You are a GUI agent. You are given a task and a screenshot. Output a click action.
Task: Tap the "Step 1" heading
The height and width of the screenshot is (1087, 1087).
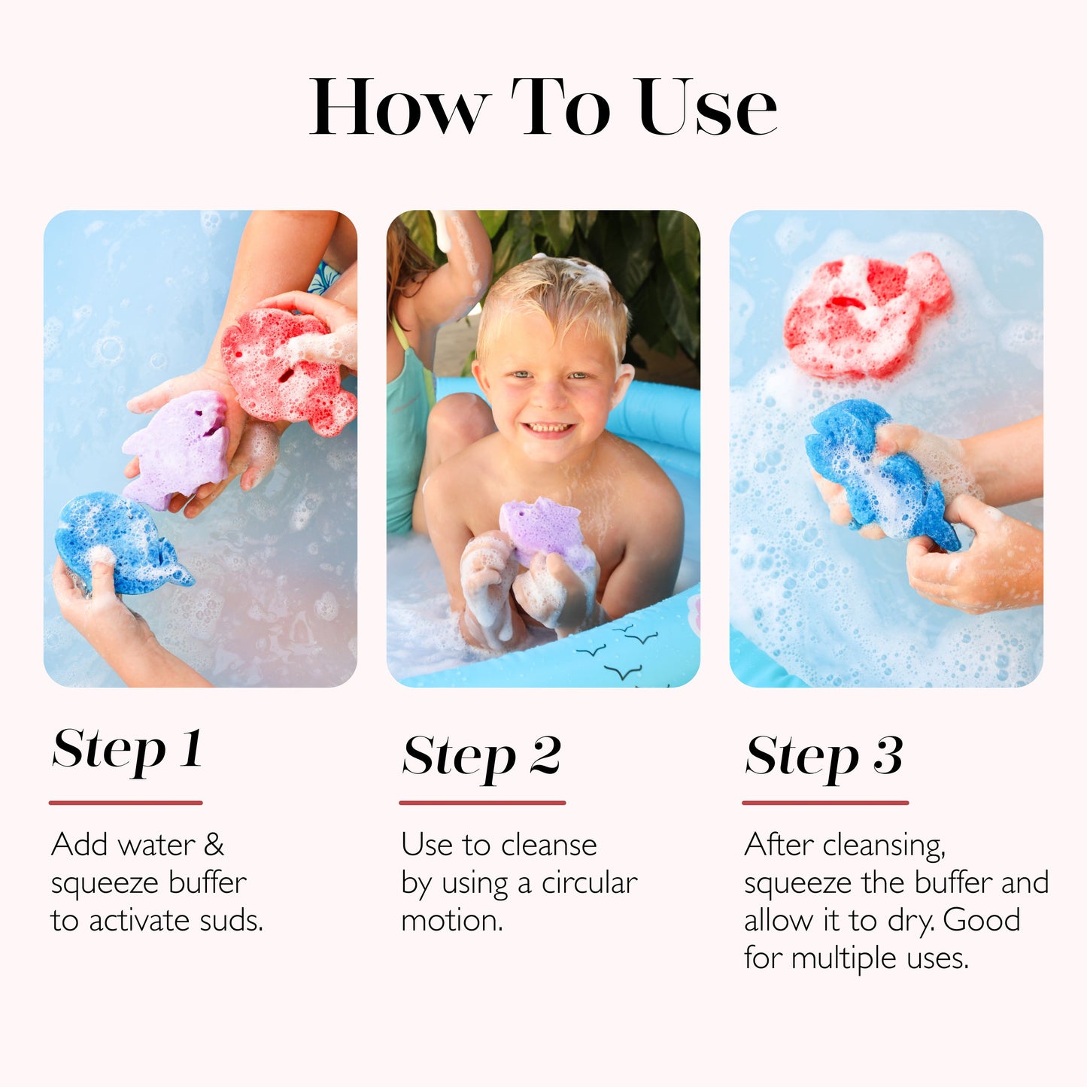click(x=127, y=749)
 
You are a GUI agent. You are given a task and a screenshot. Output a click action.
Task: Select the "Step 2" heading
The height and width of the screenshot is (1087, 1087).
click(x=481, y=756)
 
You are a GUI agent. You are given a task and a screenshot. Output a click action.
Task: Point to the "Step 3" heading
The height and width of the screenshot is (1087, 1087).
click(x=824, y=756)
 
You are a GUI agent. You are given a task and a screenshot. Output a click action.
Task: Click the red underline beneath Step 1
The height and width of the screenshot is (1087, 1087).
click(x=126, y=803)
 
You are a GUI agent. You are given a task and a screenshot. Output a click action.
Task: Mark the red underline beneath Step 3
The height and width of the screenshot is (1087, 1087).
click(x=825, y=803)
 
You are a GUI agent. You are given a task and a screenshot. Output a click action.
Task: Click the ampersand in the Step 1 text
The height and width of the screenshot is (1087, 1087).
click(x=214, y=845)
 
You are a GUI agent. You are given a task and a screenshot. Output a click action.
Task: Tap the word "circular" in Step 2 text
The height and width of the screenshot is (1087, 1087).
click(x=589, y=882)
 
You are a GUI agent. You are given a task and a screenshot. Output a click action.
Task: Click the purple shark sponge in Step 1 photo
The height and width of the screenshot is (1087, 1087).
click(x=179, y=448)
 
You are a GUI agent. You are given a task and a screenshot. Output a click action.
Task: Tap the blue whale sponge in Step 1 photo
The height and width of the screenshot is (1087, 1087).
click(x=120, y=542)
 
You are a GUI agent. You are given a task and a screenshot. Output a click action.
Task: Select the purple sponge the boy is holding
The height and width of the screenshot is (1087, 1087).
click(x=543, y=530)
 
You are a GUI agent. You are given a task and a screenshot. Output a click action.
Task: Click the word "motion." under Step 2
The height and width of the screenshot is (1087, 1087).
click(x=451, y=921)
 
